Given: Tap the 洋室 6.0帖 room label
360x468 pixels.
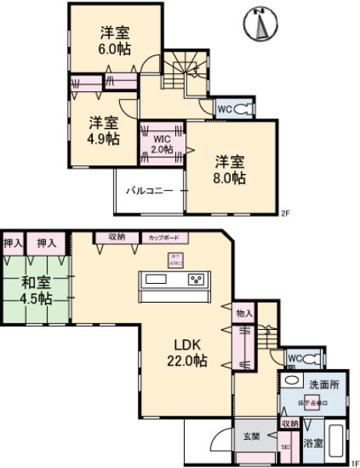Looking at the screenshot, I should [x=115, y=41].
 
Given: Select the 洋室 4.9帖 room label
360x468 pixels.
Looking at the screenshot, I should [x=103, y=130].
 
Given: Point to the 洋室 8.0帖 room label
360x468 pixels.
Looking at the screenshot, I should [x=231, y=170].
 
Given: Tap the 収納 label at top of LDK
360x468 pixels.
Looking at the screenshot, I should [x=117, y=236].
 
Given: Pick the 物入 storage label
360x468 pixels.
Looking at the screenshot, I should [x=244, y=313].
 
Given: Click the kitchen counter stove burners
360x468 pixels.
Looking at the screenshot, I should [x=196, y=279].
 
